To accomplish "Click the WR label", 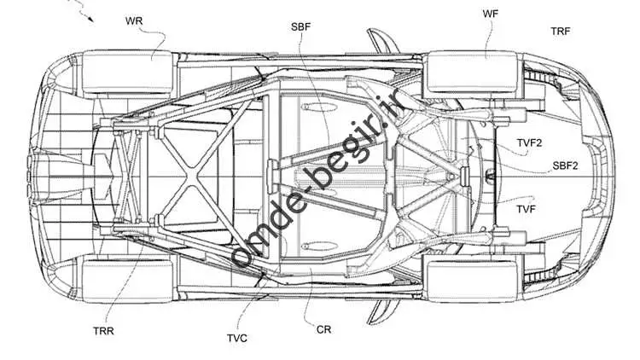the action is (x=134, y=20).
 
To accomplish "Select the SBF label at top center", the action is (x=301, y=27).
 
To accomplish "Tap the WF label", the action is (x=490, y=14).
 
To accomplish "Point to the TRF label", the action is (x=561, y=32).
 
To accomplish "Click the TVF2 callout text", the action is (x=529, y=143).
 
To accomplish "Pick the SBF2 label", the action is (x=565, y=165).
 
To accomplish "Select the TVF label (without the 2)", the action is (x=527, y=209).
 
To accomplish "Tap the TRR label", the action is (x=103, y=331).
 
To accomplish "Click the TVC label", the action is (x=237, y=339).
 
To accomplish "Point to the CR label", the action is (x=324, y=329).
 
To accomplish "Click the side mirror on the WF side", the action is (x=382, y=41).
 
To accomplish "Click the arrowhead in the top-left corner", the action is (x=90, y=19).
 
